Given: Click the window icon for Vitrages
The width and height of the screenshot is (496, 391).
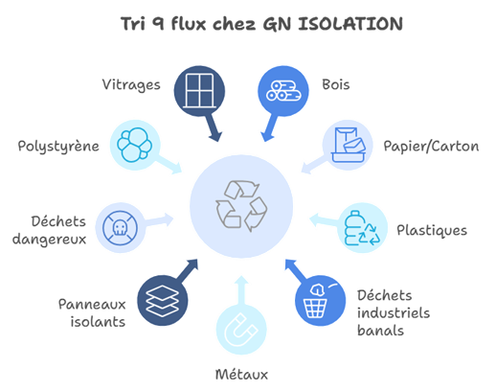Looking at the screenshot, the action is [199, 91].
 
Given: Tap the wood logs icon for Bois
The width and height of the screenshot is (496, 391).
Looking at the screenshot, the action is [283, 91].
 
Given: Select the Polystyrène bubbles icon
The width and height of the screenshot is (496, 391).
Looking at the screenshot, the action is [134, 145].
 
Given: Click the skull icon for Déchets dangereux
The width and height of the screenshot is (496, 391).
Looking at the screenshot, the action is [120, 228].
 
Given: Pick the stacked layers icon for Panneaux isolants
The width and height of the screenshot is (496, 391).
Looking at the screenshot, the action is [162, 301].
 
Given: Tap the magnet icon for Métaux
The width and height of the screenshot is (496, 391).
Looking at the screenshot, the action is [241, 330].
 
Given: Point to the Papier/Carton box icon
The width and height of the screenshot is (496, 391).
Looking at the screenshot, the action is [348, 145].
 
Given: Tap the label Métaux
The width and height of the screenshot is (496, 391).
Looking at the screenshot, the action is [241, 375].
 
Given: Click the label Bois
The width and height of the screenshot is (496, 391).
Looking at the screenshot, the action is [336, 84].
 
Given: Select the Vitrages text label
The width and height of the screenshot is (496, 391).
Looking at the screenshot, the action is [131, 85].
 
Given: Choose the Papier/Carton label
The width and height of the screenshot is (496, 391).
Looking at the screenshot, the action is [431, 147].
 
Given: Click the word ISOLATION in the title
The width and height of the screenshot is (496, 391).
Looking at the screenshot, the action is [350, 24].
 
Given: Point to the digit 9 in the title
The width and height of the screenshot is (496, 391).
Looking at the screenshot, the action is [158, 24].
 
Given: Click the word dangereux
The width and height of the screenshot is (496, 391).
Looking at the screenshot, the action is [49, 240].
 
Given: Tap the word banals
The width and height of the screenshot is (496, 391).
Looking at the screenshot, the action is [380, 331].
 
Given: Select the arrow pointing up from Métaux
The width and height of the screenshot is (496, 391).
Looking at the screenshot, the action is [241, 291].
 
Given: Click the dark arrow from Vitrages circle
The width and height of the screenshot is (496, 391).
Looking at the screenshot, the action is [213, 127].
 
